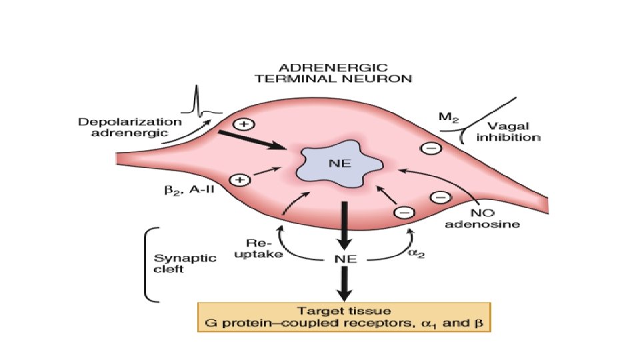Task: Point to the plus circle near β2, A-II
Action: coord(239,180)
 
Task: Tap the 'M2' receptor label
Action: coord(447,117)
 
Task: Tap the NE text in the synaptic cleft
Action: coord(344,259)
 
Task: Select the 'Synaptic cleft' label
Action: coord(176,264)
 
